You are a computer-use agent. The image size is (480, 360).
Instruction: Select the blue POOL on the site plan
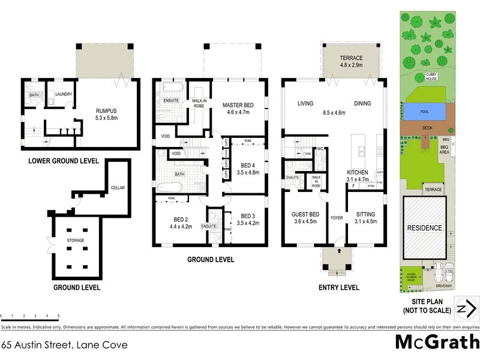click(x=424, y=112)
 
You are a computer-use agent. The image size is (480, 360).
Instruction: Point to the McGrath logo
click(x=436, y=342)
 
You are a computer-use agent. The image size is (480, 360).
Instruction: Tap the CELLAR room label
click(x=118, y=188)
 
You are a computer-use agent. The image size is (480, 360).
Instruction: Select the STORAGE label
click(x=76, y=241)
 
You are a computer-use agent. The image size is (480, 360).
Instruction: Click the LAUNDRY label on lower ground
click(x=64, y=94)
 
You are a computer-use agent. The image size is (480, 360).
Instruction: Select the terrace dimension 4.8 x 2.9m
click(x=352, y=65)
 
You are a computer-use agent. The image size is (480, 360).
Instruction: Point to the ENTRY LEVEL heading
click(x=338, y=287)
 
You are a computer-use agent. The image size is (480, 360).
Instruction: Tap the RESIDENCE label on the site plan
click(x=425, y=228)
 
